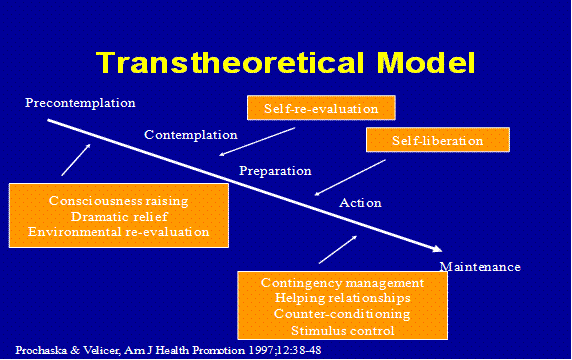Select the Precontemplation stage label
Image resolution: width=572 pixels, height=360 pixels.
pyautogui.click(x=80, y=103)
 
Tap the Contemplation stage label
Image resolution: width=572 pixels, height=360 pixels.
pyautogui.click(x=190, y=135)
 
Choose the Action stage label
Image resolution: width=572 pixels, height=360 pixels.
pyautogui.click(x=360, y=203)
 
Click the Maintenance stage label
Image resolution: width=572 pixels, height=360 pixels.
pyautogui.click(x=480, y=267)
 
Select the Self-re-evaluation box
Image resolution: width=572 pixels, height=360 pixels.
pyautogui.click(x=321, y=107)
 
